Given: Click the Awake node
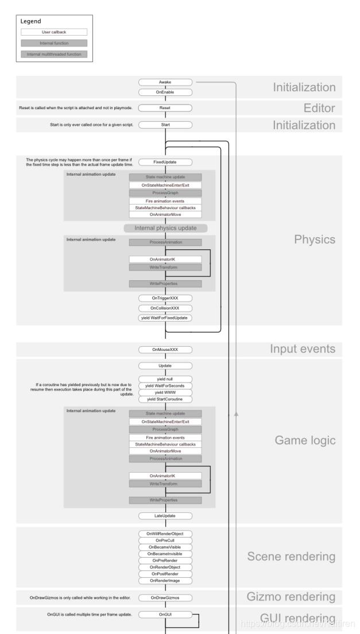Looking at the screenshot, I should [165, 82].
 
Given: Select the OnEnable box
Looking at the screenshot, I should [165, 92].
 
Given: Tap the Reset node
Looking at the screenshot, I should [165, 107].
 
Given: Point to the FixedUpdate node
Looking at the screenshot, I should [165, 162].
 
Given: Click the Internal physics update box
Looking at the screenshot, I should [165, 228].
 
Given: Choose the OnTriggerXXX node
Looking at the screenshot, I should [165, 299].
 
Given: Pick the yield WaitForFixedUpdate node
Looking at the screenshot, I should [165, 318].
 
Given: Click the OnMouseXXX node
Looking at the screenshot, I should [165, 349].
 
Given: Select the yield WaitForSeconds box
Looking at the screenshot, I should [165, 385].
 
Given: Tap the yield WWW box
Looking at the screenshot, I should [165, 392].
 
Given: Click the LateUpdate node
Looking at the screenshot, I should [165, 516].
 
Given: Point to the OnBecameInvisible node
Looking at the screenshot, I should [165, 554].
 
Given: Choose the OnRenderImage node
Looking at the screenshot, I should [165, 581].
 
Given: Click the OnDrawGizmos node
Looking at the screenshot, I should [165, 598].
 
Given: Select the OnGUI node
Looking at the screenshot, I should [165, 614].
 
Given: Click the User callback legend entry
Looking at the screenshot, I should [55, 32].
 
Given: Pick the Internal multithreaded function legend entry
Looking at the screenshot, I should [55, 54].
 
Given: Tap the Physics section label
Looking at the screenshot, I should [315, 239].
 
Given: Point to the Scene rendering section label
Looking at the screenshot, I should [291, 557].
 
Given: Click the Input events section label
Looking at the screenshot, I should [303, 349].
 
